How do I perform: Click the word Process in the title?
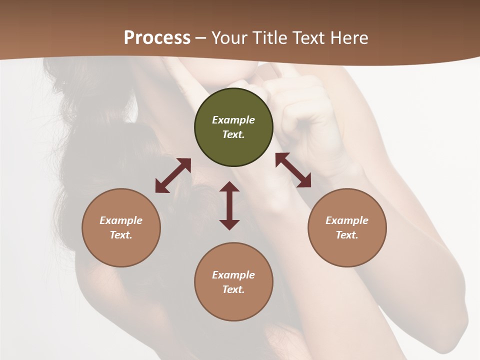point(157,37)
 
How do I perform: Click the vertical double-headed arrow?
point(229,205)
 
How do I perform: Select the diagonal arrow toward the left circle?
point(173,175)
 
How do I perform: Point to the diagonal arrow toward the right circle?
point(293,170)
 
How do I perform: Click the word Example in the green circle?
point(233,120)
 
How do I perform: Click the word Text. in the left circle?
point(121,235)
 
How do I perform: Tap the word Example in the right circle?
point(347,220)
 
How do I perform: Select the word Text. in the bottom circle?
point(233,289)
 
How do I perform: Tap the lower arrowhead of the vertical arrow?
point(229,224)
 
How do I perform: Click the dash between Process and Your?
point(200,38)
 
